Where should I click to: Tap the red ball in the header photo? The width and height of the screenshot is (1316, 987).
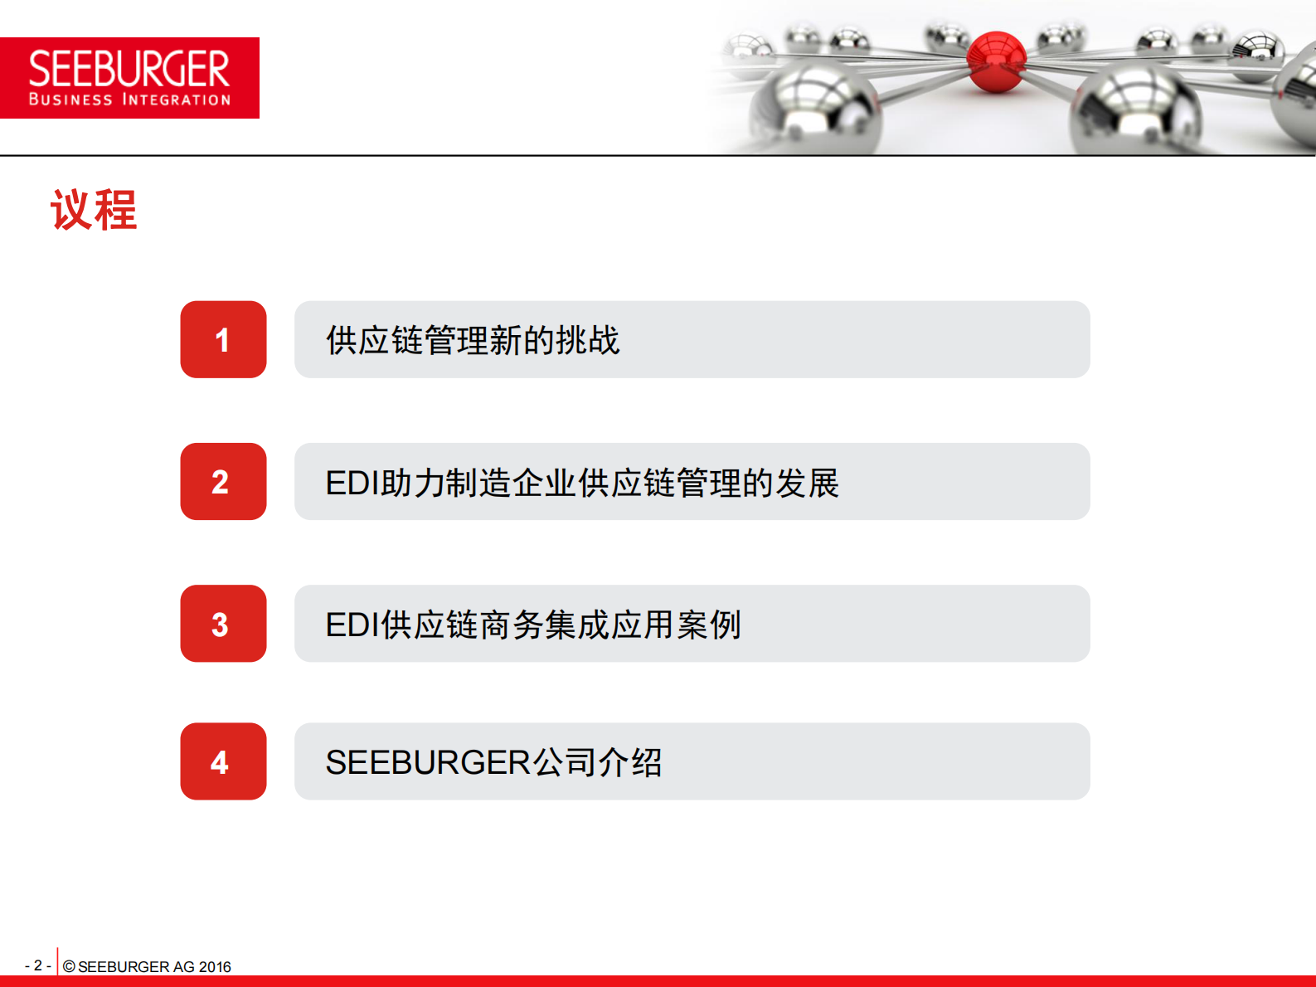pyautogui.click(x=996, y=61)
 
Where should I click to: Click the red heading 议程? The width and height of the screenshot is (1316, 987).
pyautogui.click(x=94, y=210)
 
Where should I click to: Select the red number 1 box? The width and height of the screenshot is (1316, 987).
pyautogui.click(x=223, y=339)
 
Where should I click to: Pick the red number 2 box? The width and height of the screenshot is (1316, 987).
pyautogui.click(x=223, y=482)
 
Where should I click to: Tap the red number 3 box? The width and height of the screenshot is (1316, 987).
pyautogui.click(x=223, y=624)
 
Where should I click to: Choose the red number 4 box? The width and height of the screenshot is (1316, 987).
pyautogui.click(x=223, y=761)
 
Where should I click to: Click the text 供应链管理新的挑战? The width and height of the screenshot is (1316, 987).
pyautogui.click(x=473, y=340)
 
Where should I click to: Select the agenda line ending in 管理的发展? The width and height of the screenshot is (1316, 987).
pyautogui.click(x=582, y=483)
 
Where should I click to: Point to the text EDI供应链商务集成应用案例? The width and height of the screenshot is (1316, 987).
pyautogui.click(x=533, y=625)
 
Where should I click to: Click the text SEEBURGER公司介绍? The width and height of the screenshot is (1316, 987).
pyautogui.click(x=494, y=762)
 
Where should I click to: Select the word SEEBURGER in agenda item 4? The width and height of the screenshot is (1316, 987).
pyautogui.click(x=428, y=762)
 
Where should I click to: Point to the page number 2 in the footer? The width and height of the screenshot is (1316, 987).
pyautogui.click(x=38, y=965)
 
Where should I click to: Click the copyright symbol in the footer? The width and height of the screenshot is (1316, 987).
pyautogui.click(x=69, y=966)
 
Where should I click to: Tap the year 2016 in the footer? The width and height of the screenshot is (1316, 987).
pyautogui.click(x=215, y=966)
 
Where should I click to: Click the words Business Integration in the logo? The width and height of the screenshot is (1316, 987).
pyautogui.click(x=129, y=100)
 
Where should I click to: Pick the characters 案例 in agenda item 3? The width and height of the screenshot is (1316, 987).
pyautogui.click(x=709, y=625)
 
